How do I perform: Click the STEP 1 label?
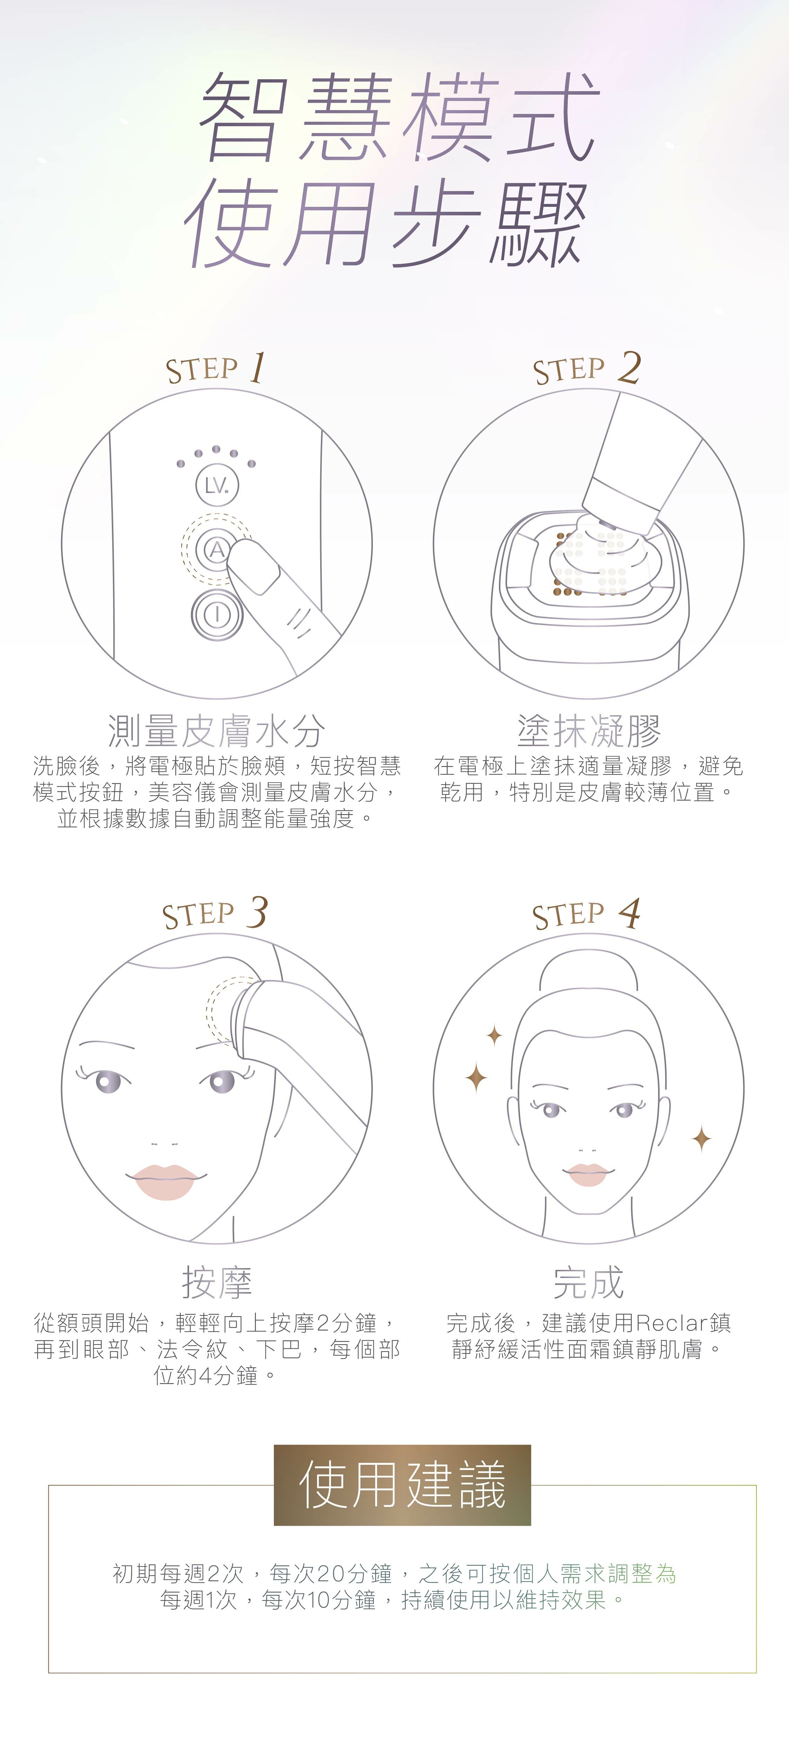(215, 368)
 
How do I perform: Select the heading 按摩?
(216, 1283)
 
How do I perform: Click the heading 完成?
(588, 1283)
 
